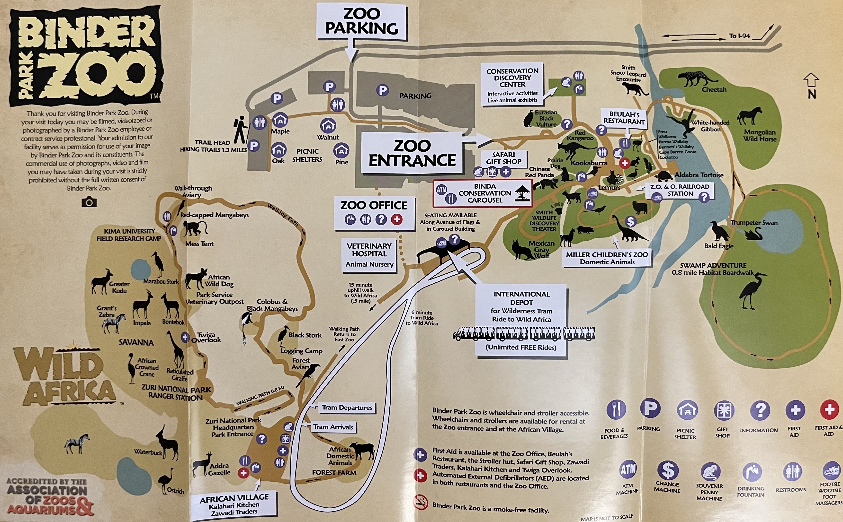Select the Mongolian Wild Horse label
760,135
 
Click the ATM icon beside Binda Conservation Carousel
441,189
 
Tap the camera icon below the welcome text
89,202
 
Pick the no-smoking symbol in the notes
421,502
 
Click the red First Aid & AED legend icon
829,410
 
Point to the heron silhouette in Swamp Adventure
752,290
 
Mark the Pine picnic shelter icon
341,150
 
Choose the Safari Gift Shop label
503,158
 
